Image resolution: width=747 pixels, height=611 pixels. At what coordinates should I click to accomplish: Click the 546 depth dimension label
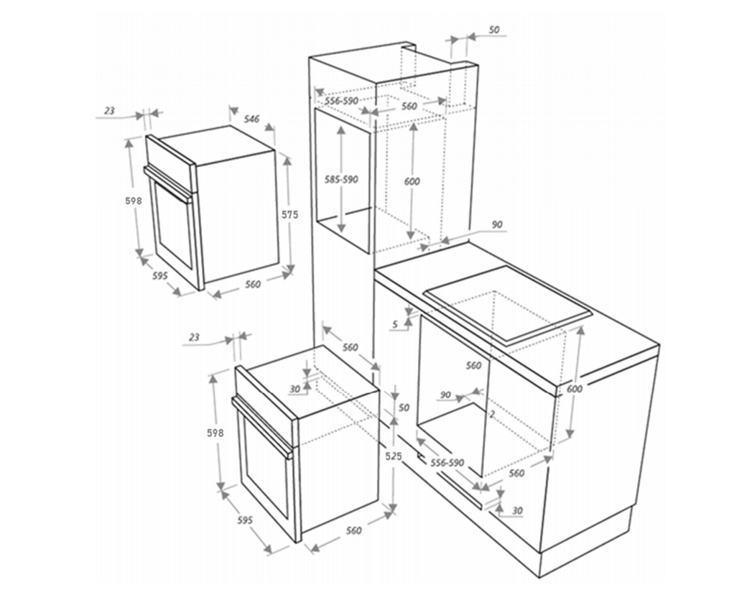tap(252, 119)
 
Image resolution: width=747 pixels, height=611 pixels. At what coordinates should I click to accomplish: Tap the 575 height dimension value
tap(290, 214)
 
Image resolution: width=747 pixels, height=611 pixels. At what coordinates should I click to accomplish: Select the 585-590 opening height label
tap(341, 180)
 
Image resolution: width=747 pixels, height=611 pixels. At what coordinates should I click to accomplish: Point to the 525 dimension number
tap(393, 456)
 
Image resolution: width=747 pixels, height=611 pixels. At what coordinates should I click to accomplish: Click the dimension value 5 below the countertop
tap(395, 324)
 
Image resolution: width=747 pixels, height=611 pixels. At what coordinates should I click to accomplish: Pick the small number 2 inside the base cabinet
tap(492, 414)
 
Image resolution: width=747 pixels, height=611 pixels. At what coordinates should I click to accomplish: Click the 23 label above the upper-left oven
tap(109, 111)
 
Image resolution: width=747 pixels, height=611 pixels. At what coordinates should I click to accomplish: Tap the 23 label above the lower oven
tap(194, 337)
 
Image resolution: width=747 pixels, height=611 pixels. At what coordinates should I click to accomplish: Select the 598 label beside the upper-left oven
tap(134, 201)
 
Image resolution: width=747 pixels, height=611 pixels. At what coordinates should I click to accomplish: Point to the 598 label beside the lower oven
tap(216, 433)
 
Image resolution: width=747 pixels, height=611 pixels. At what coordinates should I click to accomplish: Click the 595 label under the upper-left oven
tap(160, 276)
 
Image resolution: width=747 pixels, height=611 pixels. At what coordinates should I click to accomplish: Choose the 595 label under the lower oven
tap(245, 521)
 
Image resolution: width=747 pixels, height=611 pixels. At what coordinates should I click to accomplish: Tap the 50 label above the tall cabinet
tap(494, 30)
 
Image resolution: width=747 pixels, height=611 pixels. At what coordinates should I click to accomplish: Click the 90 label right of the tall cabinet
tap(497, 225)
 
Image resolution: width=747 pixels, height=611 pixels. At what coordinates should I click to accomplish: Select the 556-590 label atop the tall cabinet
tap(342, 101)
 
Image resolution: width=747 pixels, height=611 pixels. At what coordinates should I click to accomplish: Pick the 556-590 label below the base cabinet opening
tap(447, 463)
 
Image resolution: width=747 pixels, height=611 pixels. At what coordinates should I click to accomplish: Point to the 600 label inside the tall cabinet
tap(412, 181)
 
